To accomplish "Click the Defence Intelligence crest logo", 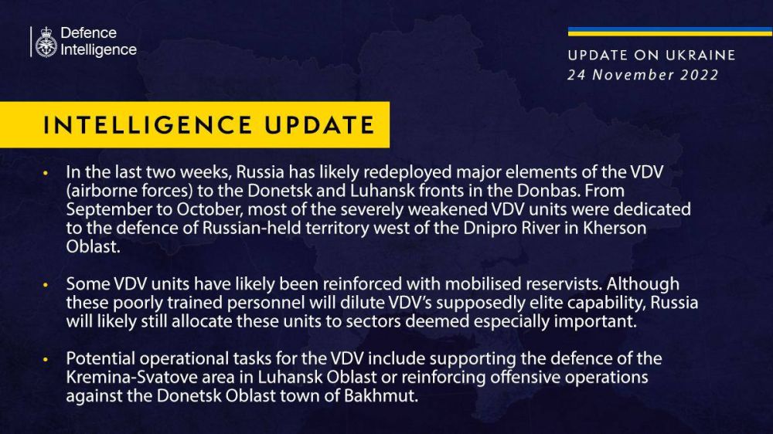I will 46,42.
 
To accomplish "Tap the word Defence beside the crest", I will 88,33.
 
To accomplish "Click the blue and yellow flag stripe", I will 669,32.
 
